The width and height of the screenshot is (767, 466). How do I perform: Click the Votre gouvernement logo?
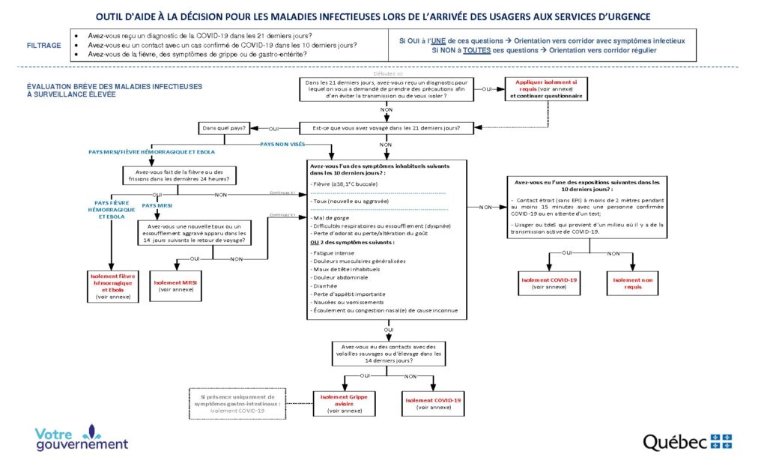[x=82, y=438]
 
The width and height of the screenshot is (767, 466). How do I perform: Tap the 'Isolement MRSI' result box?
[x=175, y=285]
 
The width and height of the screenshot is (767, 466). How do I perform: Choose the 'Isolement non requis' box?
[x=633, y=283]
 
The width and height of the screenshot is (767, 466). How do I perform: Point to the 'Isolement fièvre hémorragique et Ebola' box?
[x=111, y=285]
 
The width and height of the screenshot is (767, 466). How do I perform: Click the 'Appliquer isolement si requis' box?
[x=546, y=89]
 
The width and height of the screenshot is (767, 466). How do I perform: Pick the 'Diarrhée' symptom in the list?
[x=326, y=285]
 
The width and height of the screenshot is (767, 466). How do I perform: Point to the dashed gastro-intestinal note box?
[x=237, y=403]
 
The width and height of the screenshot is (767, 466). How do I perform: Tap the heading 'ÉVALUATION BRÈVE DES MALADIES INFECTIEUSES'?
[x=114, y=86]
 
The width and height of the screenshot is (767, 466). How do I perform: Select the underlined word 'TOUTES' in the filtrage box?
[x=473, y=50]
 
